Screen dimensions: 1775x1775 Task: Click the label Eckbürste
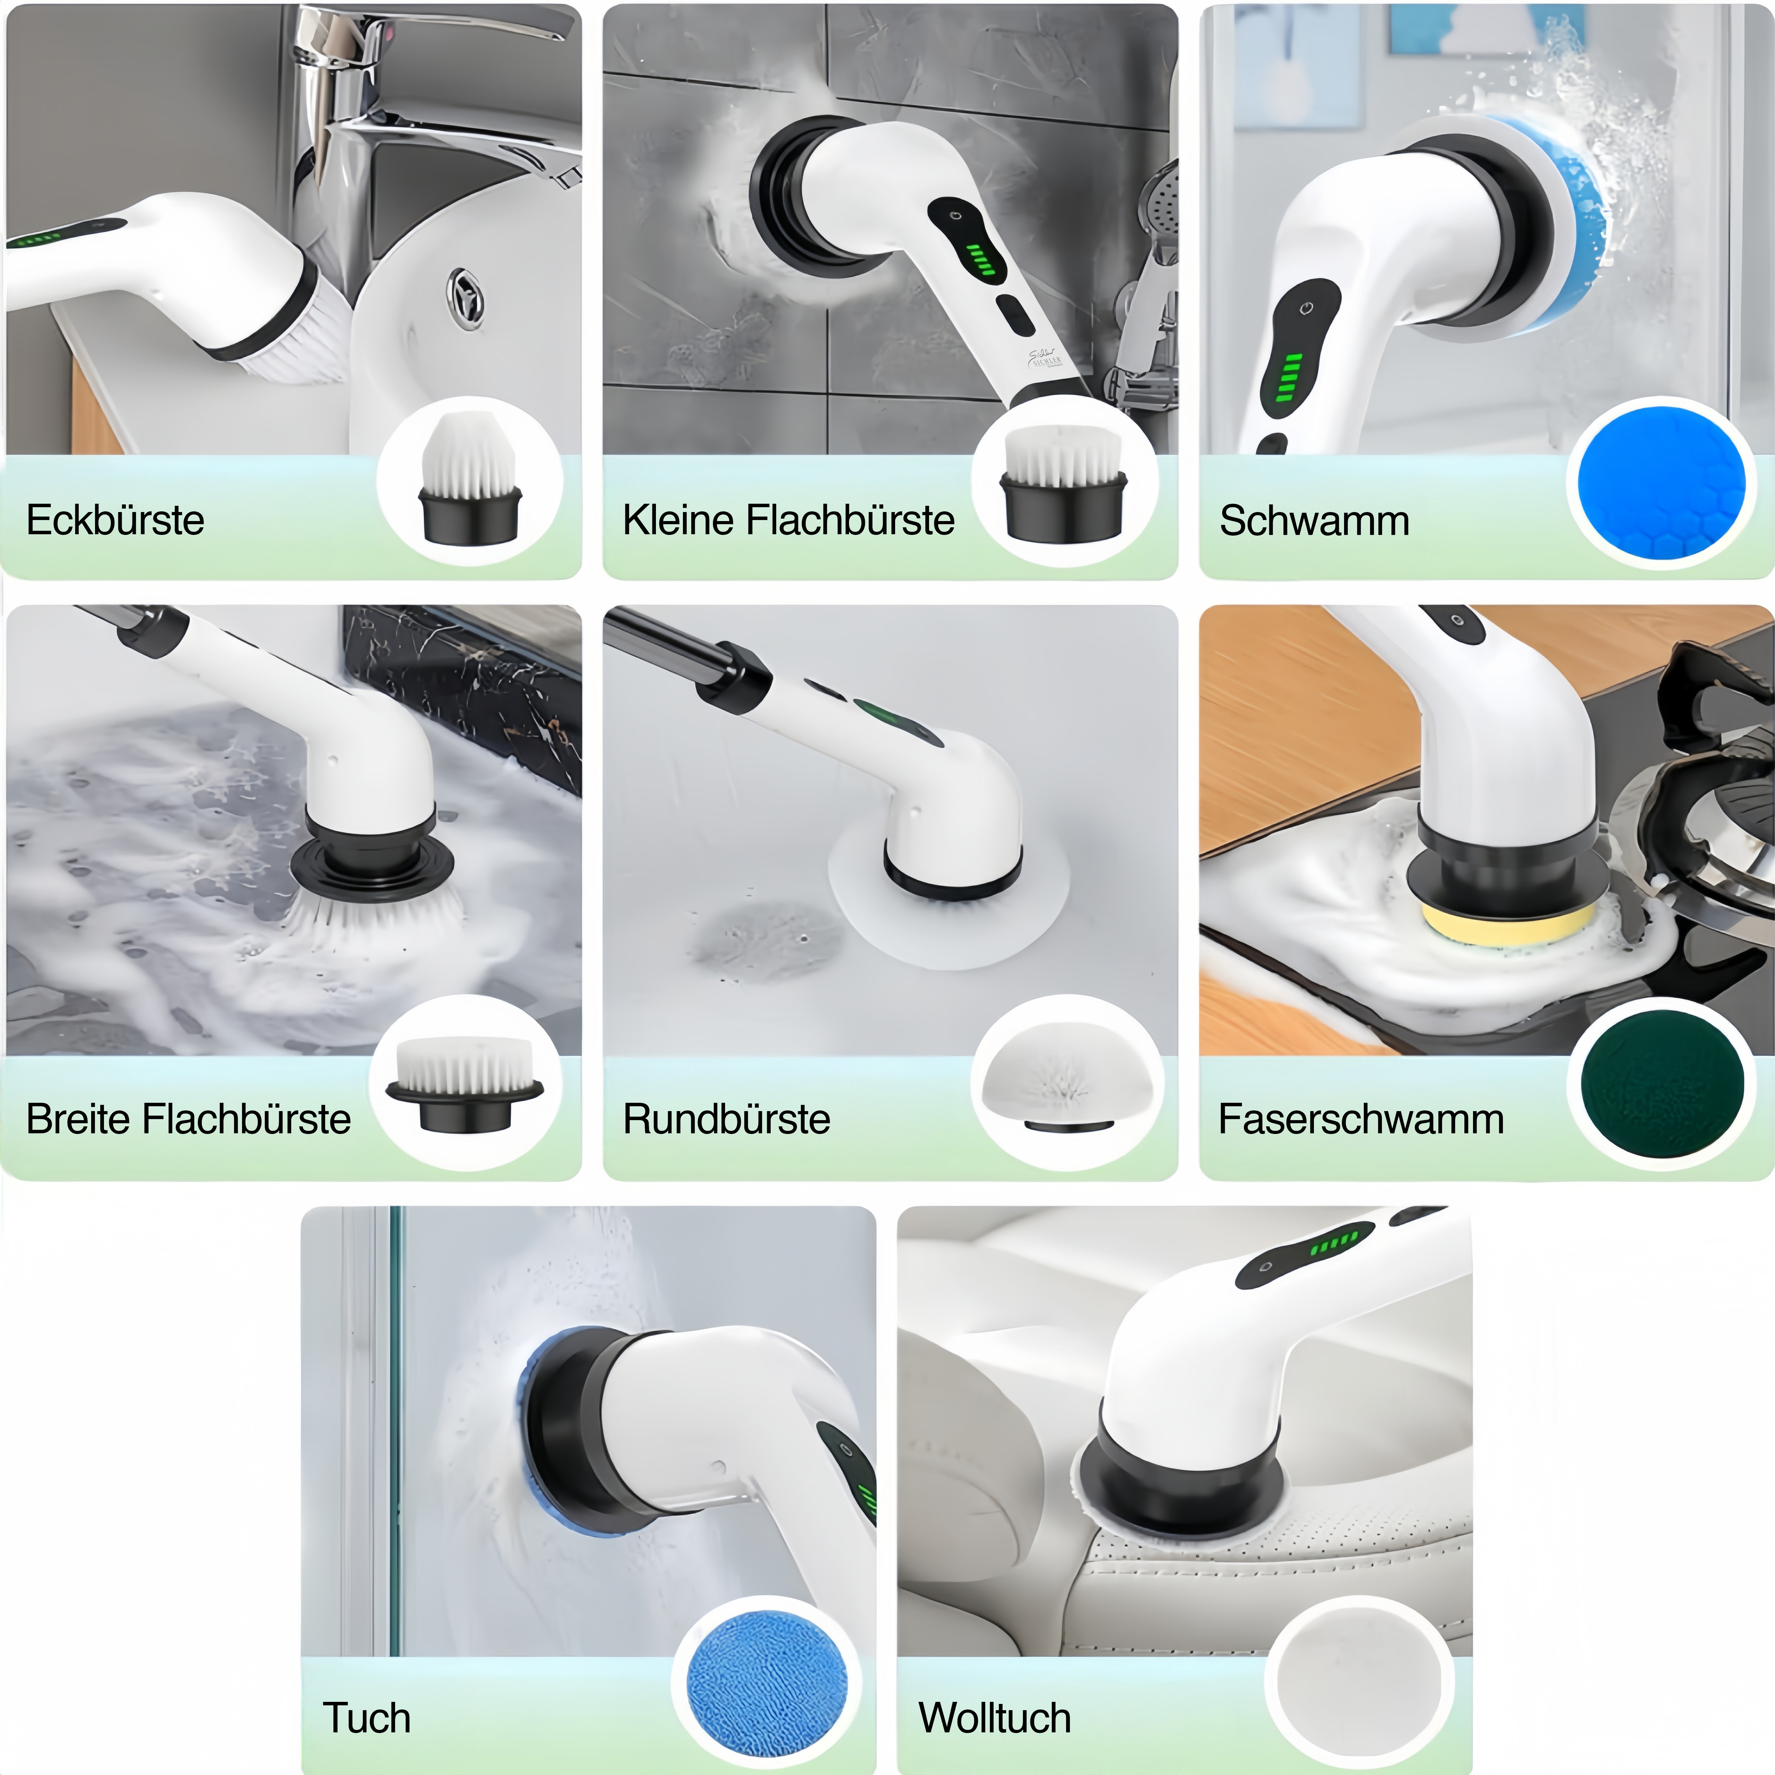coord(115,520)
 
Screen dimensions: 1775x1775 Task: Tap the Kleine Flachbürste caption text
coord(788,520)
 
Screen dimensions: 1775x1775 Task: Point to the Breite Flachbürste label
coord(188,1119)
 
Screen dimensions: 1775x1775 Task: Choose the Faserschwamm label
coord(1361,1119)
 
